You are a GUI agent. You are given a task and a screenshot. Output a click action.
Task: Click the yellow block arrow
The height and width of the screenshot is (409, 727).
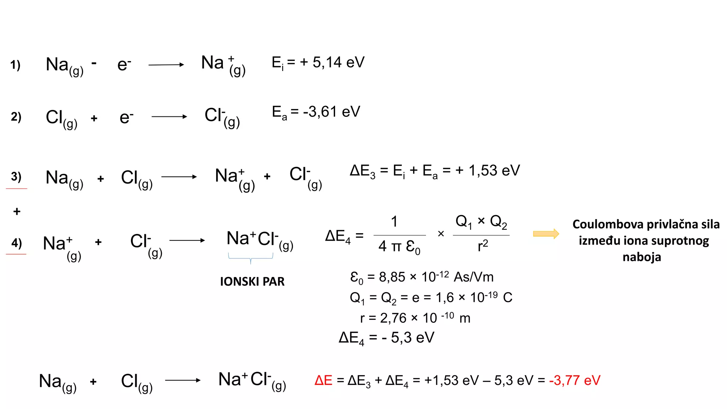pos(546,234)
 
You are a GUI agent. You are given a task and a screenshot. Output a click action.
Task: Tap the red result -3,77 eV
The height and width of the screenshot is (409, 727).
pos(575,380)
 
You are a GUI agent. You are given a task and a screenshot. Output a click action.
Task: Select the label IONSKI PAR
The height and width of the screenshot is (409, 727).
pos(252,282)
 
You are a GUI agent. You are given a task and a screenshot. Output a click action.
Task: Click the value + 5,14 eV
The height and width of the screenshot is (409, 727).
pos(332,62)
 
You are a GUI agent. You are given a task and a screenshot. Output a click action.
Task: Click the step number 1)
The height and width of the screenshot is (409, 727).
pos(15,65)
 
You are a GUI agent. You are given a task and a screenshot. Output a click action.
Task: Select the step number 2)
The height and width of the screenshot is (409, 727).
pos(16,116)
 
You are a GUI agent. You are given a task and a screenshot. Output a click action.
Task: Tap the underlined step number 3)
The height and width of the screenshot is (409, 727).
pos(16,176)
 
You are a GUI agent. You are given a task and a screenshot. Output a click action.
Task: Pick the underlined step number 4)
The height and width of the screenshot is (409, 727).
pos(16,243)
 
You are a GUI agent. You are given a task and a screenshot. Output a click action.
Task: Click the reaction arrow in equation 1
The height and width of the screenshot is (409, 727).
pos(166,65)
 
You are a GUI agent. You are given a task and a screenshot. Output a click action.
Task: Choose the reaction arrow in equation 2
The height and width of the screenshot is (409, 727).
pos(169,116)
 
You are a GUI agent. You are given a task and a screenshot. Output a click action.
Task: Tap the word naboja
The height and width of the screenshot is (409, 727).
pos(642,257)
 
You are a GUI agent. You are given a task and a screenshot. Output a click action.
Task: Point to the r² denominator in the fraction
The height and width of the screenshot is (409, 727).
pos(483,245)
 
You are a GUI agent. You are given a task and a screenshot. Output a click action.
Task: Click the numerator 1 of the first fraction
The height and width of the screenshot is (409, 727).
pos(394,222)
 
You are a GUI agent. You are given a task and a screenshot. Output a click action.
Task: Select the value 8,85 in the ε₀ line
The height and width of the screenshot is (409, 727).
pos(392,277)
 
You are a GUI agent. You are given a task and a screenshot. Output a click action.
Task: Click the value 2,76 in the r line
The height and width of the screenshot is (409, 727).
pos(393,318)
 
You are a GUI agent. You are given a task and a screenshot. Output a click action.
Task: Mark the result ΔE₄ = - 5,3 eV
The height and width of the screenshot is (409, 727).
pos(387,338)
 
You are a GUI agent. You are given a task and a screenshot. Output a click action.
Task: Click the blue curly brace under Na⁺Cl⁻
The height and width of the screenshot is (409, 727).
pos(251,258)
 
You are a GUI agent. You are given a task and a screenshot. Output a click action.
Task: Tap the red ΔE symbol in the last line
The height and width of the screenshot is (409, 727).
pos(323,380)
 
